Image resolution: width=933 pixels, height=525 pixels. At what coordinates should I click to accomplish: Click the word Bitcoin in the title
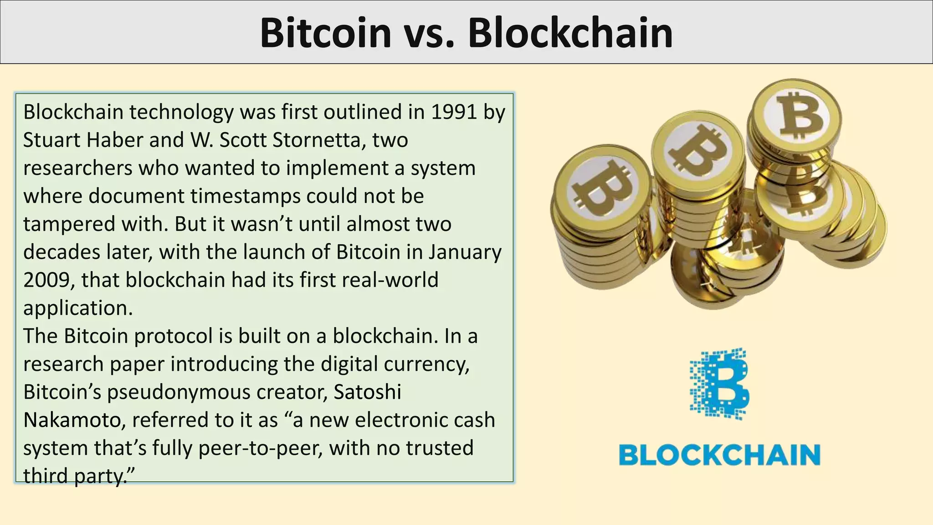tap(325, 33)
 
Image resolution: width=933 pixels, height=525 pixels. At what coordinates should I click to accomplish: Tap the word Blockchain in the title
tap(570, 33)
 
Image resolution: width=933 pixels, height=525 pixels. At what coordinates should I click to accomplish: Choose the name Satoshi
tap(367, 392)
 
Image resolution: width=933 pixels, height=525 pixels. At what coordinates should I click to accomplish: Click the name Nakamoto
tap(74, 420)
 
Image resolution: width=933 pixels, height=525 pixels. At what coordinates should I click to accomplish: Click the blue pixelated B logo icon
tap(719, 384)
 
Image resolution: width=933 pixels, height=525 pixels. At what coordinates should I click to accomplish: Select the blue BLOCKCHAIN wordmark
tap(719, 455)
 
